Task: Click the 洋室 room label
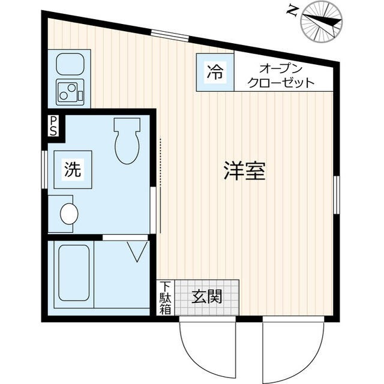(x=244, y=172)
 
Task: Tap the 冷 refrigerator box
(x=214, y=73)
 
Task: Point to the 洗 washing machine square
(x=72, y=170)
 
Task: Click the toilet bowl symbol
(x=126, y=141)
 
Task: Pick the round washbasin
(x=69, y=212)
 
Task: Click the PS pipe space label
(x=53, y=126)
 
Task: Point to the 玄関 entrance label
(x=207, y=296)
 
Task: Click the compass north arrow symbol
(x=323, y=20)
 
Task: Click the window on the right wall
(x=336, y=195)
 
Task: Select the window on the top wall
(x=170, y=34)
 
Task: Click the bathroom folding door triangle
(x=137, y=250)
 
